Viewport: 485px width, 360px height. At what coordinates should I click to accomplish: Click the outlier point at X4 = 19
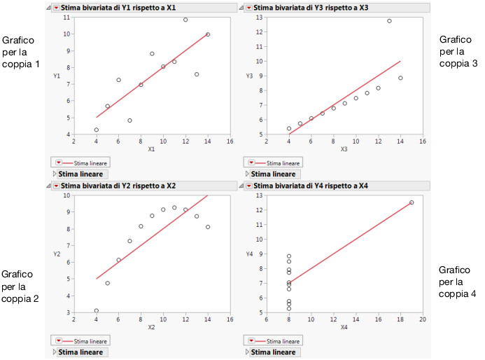[x=412, y=202]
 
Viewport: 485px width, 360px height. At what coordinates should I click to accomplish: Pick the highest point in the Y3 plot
[x=389, y=21]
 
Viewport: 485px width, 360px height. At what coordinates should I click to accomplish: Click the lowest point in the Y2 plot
[x=97, y=310]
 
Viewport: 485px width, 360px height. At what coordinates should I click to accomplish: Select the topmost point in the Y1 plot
[x=185, y=20]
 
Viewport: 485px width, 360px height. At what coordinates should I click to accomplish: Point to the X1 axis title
[x=151, y=149]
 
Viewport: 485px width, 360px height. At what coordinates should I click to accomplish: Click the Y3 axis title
[x=248, y=76]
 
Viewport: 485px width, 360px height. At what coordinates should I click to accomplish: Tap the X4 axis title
[x=344, y=327]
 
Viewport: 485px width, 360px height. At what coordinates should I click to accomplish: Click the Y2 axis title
[x=57, y=254]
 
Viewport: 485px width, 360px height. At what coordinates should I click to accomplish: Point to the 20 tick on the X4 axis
[x=422, y=320]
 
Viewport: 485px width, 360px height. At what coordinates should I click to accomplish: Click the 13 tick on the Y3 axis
[x=259, y=17]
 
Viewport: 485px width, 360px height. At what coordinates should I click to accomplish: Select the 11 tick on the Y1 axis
[x=66, y=17]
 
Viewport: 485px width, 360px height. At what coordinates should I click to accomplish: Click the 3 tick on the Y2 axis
[x=67, y=312]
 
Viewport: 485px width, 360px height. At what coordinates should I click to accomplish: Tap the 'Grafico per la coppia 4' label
[x=458, y=282]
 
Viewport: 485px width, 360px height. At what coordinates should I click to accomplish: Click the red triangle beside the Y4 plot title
[x=248, y=186]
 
